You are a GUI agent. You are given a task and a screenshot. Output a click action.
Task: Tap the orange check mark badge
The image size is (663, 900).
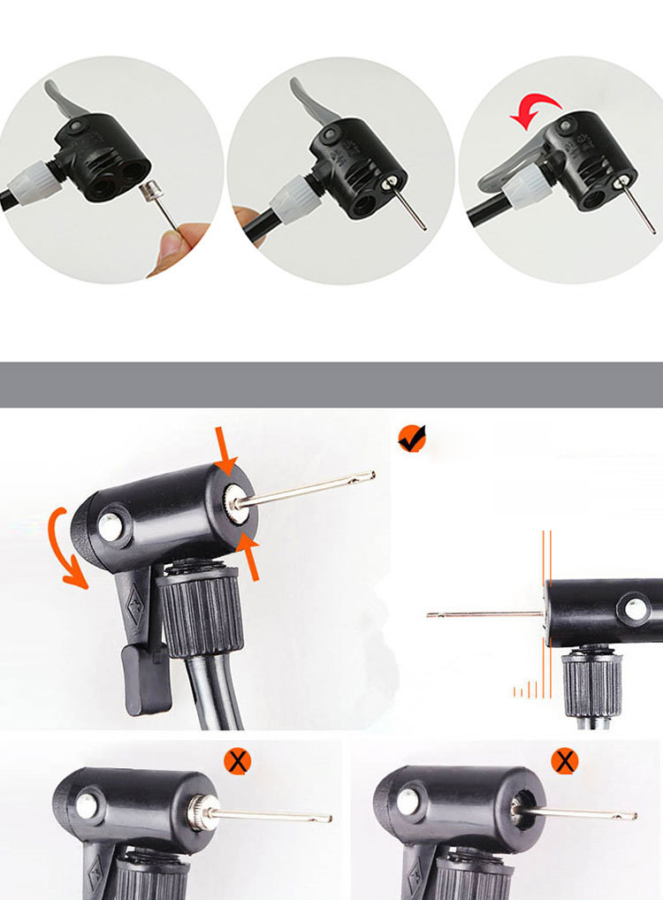(x=412, y=438)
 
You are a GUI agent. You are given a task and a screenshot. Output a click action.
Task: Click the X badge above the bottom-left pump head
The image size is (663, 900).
(x=237, y=759)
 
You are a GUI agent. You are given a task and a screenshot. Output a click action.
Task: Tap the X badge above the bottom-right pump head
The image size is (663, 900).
(x=564, y=759)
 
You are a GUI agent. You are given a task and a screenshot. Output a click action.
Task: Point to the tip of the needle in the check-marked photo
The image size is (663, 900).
(x=370, y=476)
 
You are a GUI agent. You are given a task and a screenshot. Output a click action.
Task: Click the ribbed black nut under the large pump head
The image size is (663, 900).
(x=199, y=610)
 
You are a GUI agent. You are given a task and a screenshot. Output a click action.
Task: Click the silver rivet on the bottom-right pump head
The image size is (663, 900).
(x=408, y=801)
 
